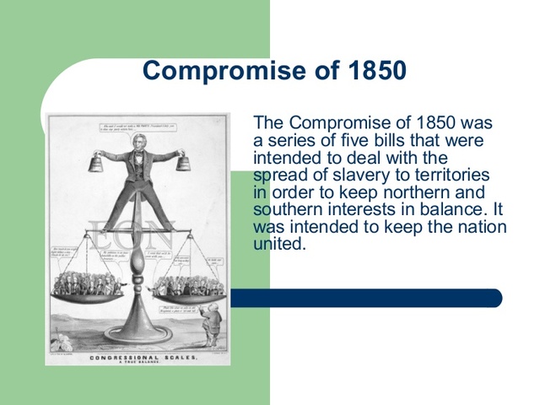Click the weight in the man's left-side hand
94,160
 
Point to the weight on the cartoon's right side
183,160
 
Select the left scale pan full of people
85,288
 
